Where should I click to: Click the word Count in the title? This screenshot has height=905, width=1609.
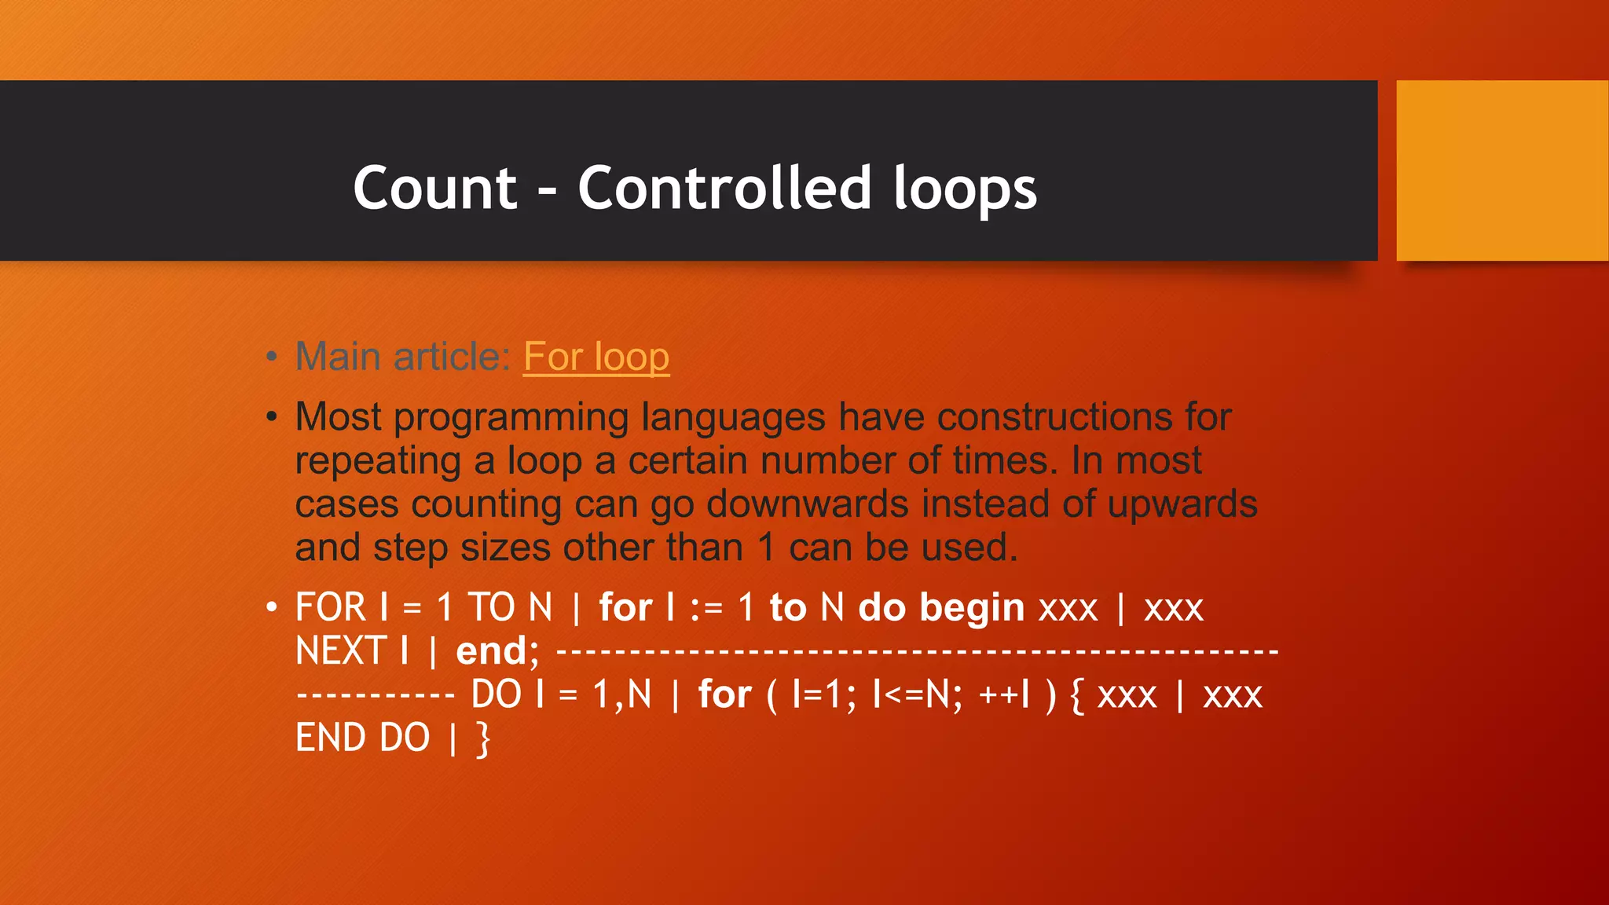434,189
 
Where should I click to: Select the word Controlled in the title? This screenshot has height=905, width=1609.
724,189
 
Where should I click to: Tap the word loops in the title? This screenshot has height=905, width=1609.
965,190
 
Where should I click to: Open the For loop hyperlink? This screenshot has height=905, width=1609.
596,357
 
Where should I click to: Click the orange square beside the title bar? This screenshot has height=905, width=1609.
1501,170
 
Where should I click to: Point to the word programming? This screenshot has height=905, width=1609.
511,418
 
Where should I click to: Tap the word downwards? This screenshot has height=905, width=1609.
808,504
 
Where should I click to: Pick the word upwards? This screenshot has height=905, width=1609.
1182,505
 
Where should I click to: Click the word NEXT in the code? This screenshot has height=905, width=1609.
341,650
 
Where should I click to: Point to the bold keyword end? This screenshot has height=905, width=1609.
497,651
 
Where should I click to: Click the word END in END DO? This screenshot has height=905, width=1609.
331,738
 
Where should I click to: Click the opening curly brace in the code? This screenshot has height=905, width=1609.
1077,695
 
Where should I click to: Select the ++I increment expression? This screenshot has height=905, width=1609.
1004,694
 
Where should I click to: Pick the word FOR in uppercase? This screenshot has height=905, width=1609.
330,607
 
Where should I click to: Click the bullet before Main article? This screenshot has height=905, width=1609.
272,357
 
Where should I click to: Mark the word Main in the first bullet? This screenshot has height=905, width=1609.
339,357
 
